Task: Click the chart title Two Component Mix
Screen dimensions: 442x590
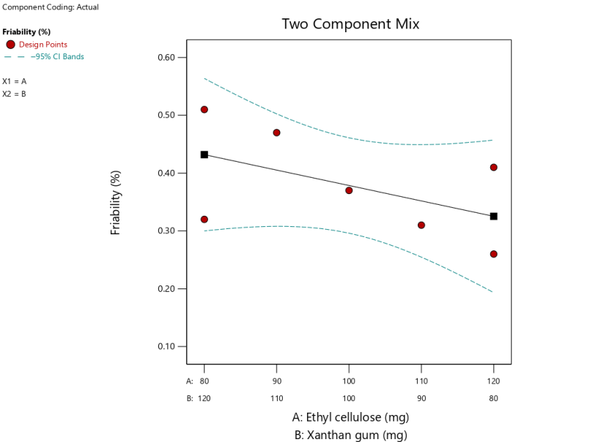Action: point(350,24)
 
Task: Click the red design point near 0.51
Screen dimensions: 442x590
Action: point(204,110)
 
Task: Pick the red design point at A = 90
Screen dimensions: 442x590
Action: point(276,132)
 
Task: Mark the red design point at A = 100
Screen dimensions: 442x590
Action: point(349,190)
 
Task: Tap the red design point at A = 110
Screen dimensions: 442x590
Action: point(421,225)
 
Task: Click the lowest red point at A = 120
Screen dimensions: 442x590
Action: point(494,254)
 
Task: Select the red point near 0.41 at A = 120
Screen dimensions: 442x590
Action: point(494,168)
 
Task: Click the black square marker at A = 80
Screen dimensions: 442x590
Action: point(204,154)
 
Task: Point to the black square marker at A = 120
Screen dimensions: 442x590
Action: point(494,216)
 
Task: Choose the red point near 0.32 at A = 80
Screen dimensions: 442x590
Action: point(204,220)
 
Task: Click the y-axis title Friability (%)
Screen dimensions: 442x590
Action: point(116,203)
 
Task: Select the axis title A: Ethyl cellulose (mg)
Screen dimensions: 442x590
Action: point(350,418)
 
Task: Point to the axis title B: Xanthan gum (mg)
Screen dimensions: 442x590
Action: point(350,435)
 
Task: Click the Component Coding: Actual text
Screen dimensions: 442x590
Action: point(51,7)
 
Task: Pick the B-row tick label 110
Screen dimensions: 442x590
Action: point(276,398)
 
